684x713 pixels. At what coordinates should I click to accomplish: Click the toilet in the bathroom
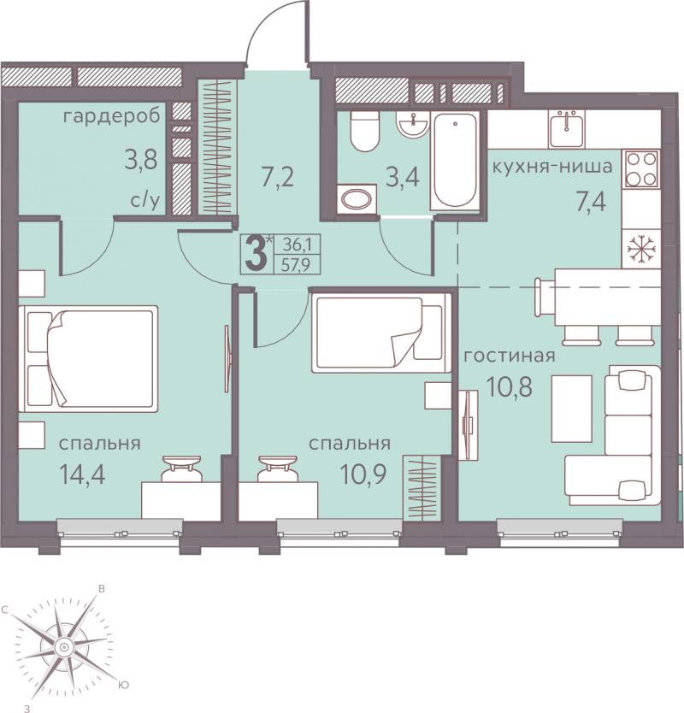(x=364, y=131)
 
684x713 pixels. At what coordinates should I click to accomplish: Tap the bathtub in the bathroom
(x=455, y=161)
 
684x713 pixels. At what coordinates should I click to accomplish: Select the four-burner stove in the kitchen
(x=642, y=169)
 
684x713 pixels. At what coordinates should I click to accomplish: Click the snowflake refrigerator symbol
(x=641, y=248)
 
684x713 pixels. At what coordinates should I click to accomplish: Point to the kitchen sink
(x=567, y=129)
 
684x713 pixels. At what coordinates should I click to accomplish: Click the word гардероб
(x=112, y=117)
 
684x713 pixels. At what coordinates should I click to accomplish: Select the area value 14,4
(x=82, y=474)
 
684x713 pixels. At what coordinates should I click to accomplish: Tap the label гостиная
(x=510, y=355)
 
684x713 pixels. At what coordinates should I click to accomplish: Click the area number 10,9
(x=363, y=474)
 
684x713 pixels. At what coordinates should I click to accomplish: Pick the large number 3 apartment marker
(x=256, y=254)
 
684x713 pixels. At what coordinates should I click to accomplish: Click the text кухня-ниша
(x=552, y=167)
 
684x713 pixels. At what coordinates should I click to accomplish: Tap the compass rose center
(x=64, y=646)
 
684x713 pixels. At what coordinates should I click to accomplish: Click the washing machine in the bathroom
(x=357, y=198)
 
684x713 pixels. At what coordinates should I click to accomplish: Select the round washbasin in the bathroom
(x=412, y=124)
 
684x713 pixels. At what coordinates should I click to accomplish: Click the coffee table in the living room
(x=572, y=409)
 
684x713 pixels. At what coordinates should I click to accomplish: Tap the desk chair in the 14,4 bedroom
(x=181, y=468)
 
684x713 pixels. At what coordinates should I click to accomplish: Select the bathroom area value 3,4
(x=403, y=177)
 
